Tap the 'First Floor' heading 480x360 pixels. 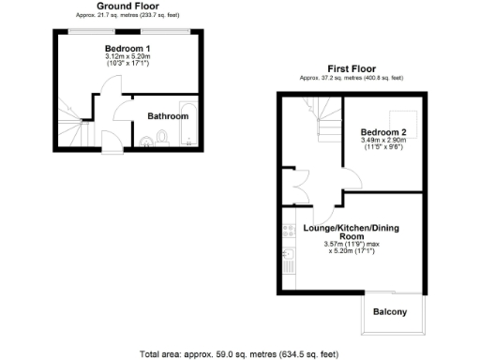351,67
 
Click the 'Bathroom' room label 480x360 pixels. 169,116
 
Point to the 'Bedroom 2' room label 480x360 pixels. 384,132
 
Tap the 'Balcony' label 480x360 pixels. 390,312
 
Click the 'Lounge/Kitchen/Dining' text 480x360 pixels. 346,228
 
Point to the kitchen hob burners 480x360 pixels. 286,231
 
